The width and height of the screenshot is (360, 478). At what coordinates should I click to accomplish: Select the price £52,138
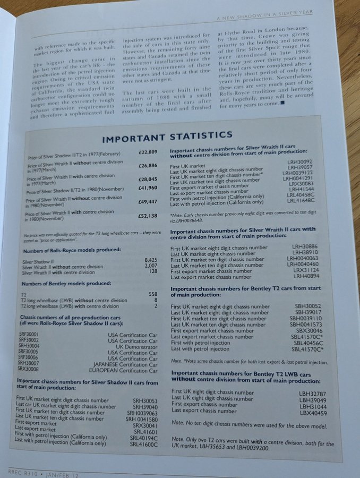(148, 216)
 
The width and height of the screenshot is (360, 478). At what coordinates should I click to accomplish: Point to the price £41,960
(147, 188)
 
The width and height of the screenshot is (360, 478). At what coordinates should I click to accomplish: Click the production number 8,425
(151, 260)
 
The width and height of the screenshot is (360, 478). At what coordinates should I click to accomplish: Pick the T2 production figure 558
(153, 293)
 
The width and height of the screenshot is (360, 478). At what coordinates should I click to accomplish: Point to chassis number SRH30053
(145, 400)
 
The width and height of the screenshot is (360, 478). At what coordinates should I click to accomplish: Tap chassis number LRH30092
(300, 161)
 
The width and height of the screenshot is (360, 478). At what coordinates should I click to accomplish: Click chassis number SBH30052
(304, 306)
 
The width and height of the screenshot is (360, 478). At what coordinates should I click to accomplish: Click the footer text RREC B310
(21, 471)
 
